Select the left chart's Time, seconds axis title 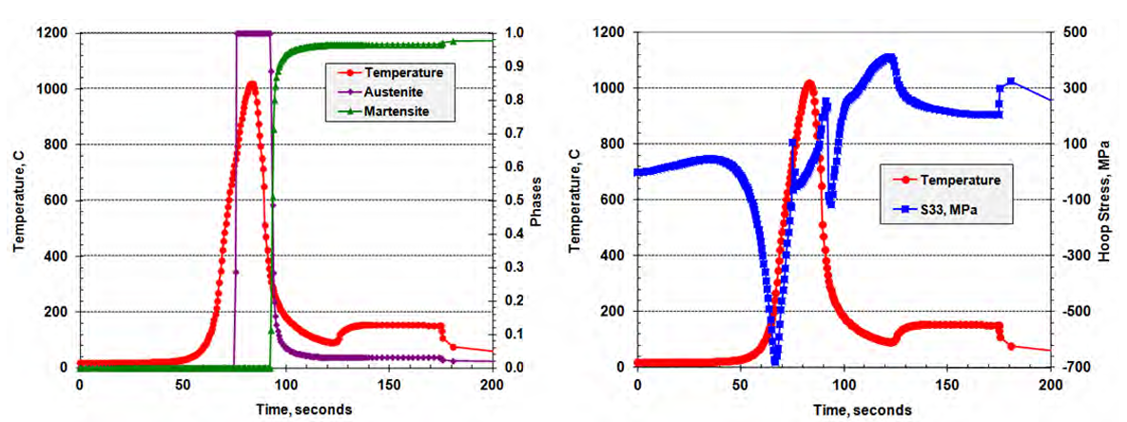(284, 408)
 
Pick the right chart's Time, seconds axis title (843, 408)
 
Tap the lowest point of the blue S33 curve (775, 361)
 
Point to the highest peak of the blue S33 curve (890, 58)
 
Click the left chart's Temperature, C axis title (19, 201)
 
